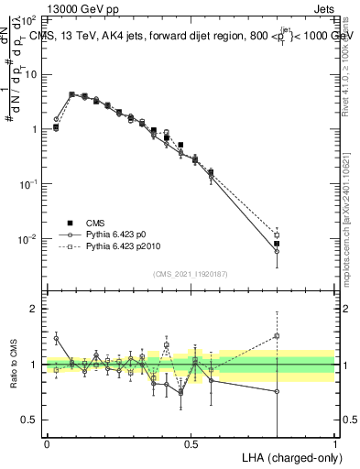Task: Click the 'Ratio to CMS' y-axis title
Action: pyautogui.click(x=16, y=365)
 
